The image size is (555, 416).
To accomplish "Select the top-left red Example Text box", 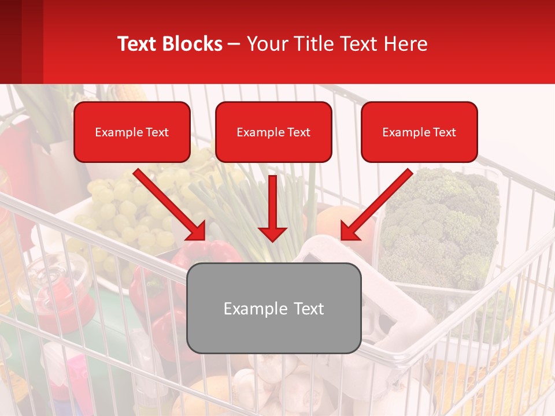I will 132,132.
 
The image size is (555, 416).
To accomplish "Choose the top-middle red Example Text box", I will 273,132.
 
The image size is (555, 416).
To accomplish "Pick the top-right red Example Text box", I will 419,132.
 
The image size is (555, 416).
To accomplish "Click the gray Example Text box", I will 274,308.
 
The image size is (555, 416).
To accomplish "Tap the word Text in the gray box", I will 306,309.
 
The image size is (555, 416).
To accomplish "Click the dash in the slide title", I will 234,44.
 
